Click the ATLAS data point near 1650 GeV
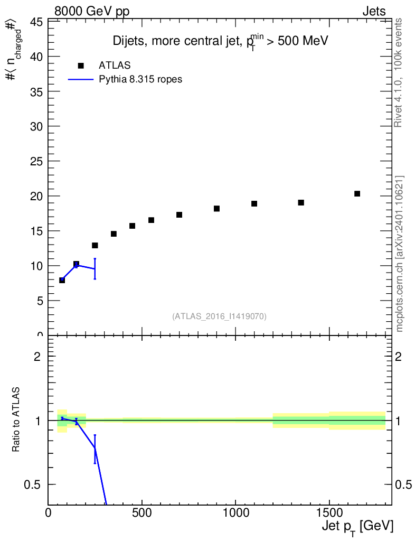pyautogui.click(x=357, y=194)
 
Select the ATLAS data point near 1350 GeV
pyautogui.click(x=301, y=203)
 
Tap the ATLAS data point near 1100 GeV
pyautogui.click(x=254, y=204)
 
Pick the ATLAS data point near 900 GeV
pyautogui.click(x=216, y=209)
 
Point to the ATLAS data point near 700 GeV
pyautogui.click(x=179, y=215)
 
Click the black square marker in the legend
pyautogui.click(x=81, y=66)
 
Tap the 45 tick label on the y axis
pyautogui.click(x=36, y=22)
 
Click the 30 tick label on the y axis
pyautogui.click(x=36, y=127)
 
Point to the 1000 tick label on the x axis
pyautogui.click(x=235, y=513)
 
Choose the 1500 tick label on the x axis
pyautogui.click(x=328, y=513)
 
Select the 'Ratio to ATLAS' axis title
pyautogui.click(x=17, y=421)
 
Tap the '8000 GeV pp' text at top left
pyautogui.click(x=92, y=12)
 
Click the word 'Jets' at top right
pyautogui.click(x=373, y=12)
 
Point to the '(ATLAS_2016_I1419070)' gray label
pyautogui.click(x=219, y=316)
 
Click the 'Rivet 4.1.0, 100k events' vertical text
pyautogui.click(x=399, y=72)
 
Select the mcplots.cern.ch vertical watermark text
pyautogui.click(x=400, y=254)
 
